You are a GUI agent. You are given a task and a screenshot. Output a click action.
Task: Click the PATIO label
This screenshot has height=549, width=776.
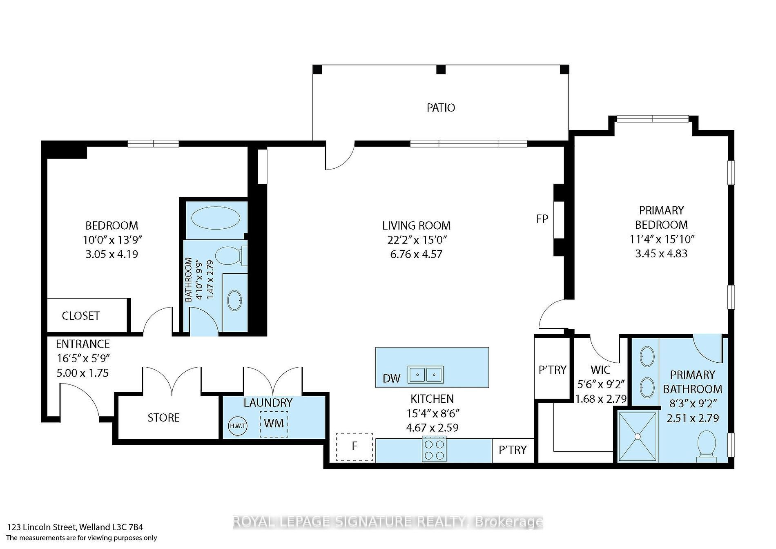(441, 107)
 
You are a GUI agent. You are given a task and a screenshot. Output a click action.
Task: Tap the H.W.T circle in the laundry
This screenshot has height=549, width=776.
(238, 426)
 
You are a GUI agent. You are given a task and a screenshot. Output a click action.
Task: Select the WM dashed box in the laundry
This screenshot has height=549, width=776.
(274, 424)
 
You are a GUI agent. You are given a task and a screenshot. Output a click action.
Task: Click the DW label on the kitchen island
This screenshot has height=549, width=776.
(392, 379)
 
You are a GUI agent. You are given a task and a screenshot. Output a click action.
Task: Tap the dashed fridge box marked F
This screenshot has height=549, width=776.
(355, 447)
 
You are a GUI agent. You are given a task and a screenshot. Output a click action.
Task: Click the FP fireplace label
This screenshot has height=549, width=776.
(542, 219)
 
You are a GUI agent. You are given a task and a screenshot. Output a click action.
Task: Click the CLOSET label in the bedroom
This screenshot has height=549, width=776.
(81, 316)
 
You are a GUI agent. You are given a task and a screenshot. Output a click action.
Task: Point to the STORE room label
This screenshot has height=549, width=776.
(163, 417)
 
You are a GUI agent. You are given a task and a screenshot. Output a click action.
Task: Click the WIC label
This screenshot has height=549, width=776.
(600, 370)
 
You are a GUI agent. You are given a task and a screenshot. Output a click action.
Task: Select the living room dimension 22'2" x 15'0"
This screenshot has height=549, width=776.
(416, 239)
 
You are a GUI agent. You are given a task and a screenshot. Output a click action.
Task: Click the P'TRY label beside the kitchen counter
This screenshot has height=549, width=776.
(513, 450)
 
